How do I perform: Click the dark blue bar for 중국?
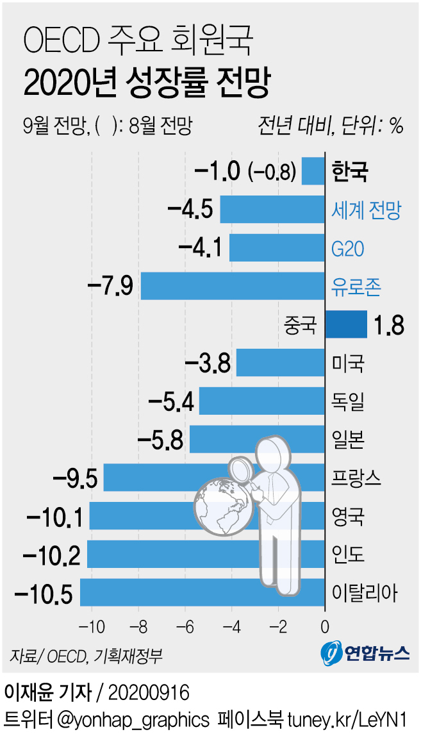(x=346, y=324)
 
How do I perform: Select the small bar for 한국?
(x=313, y=171)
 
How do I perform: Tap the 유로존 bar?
(x=233, y=286)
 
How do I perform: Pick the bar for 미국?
(x=281, y=363)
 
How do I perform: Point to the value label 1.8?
(x=389, y=325)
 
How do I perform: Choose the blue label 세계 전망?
(x=366, y=210)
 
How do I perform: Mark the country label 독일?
(x=349, y=401)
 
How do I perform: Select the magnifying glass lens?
(x=240, y=469)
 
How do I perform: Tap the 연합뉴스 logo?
(x=366, y=652)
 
